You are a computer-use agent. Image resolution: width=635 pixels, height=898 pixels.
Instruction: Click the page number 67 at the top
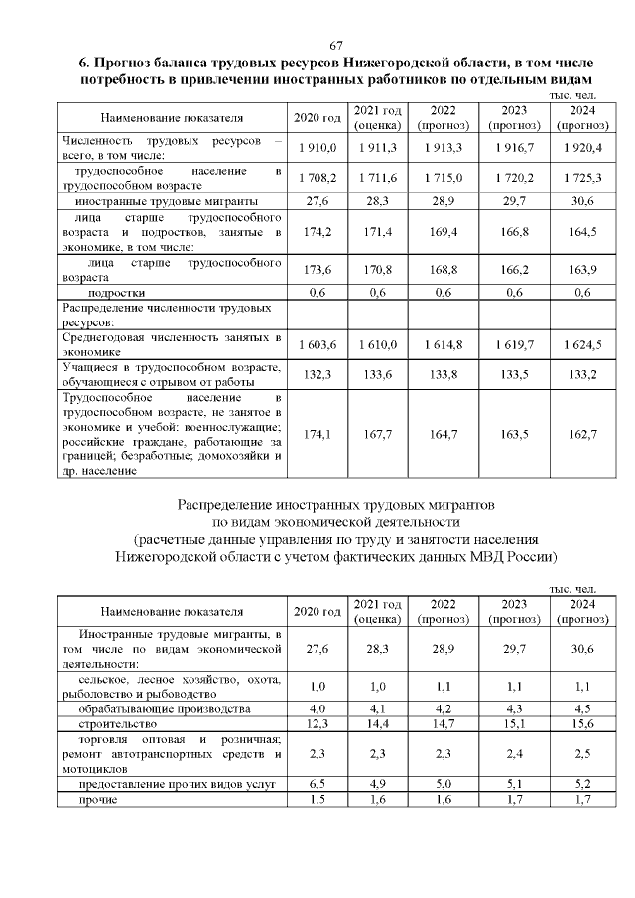pos(336,46)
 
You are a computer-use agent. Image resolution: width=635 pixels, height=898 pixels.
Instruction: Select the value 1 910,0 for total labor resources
pos(317,148)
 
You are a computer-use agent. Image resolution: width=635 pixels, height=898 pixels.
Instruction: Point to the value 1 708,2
pos(317,177)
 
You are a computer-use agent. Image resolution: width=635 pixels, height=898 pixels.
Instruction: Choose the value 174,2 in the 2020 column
pos(317,232)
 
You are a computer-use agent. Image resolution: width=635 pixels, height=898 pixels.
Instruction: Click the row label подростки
pos(117,293)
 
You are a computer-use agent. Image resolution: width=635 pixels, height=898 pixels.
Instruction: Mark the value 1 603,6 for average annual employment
pos(317,343)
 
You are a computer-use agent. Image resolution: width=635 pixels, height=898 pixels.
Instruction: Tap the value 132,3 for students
pos(317,373)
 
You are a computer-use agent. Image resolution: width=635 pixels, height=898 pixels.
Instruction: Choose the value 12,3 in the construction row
pos(317,726)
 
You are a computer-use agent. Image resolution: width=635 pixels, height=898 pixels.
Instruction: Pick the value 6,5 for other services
pos(317,783)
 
